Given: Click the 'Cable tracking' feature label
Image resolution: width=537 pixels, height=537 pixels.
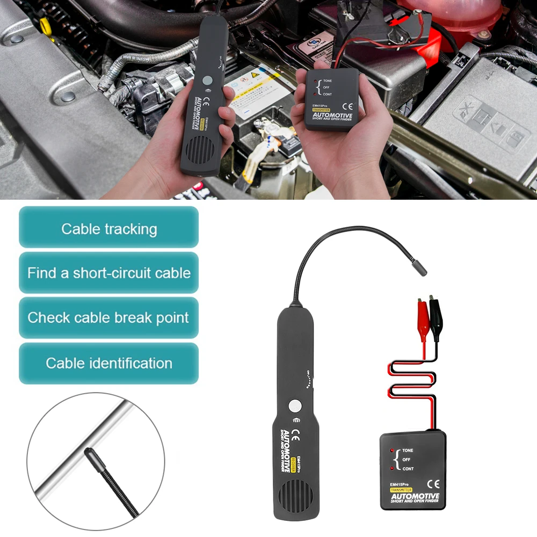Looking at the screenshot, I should coord(109,228).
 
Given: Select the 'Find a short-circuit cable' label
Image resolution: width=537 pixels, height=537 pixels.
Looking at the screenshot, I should coord(109,273).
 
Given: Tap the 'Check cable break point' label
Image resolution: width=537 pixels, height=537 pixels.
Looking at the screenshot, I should coord(109,317).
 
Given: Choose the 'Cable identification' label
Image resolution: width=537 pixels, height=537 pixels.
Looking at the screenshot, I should coord(109,363).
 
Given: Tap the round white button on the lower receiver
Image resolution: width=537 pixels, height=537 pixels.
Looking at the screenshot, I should coord(294,405).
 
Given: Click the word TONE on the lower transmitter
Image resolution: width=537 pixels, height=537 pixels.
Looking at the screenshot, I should coord(409,450).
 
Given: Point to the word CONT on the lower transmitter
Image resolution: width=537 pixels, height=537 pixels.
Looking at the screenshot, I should coord(409,470).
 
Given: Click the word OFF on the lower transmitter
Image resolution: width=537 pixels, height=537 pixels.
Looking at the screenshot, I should coord(407,460).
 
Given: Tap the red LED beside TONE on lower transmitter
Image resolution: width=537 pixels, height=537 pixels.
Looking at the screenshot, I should coord(393,450).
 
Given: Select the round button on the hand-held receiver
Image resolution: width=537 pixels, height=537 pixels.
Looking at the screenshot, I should coord(207,81).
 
